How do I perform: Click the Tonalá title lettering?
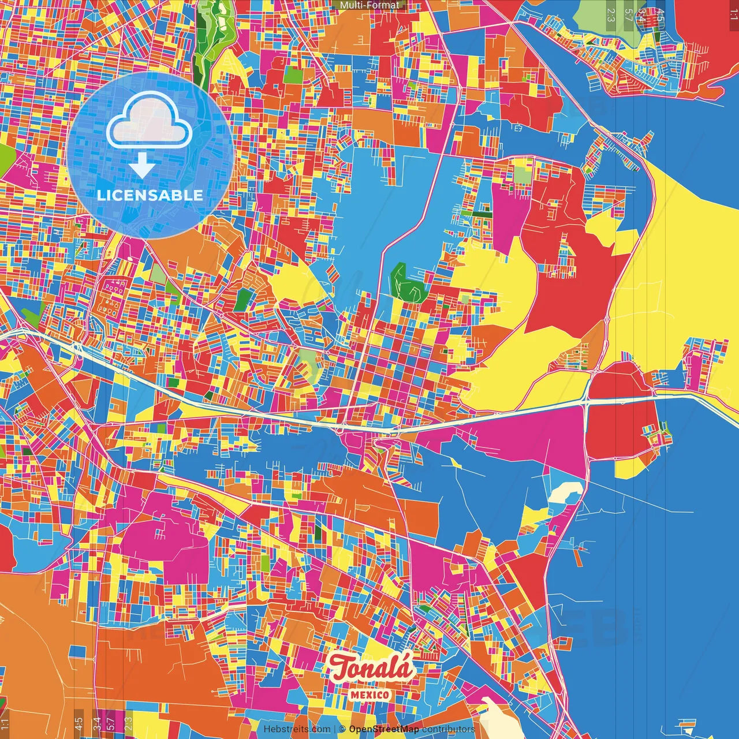pyautogui.click(x=372, y=668)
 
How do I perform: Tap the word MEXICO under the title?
pyautogui.click(x=369, y=695)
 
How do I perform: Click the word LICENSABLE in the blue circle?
pyautogui.click(x=150, y=195)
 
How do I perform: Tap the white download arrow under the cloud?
pyautogui.click(x=142, y=165)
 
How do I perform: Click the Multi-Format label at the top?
pyautogui.click(x=369, y=5)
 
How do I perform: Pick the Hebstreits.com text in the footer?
pyautogui.click(x=297, y=729)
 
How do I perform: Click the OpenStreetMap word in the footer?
pyautogui.click(x=384, y=729)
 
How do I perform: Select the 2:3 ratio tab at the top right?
pyautogui.click(x=611, y=15)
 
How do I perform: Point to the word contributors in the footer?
pyautogui.click(x=448, y=729)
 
